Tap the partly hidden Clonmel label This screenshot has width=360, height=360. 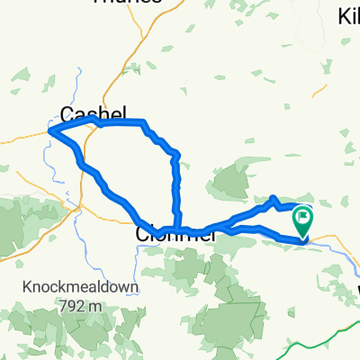pyautogui.click(x=176, y=234)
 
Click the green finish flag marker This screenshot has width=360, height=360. pyautogui.click(x=304, y=217)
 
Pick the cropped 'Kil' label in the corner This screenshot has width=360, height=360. pyautogui.click(x=348, y=16)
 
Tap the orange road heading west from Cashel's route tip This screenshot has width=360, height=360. pyautogui.click(x=22, y=139)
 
